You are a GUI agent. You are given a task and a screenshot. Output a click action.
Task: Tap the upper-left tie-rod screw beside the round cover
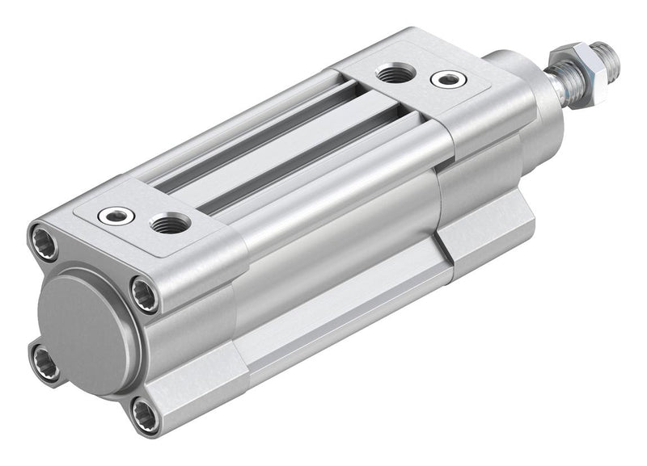[x=45, y=241]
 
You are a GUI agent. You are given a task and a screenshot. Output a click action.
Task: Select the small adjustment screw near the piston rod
[x=448, y=79]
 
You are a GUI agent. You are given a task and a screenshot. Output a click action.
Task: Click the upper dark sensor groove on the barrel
[x=259, y=137]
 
